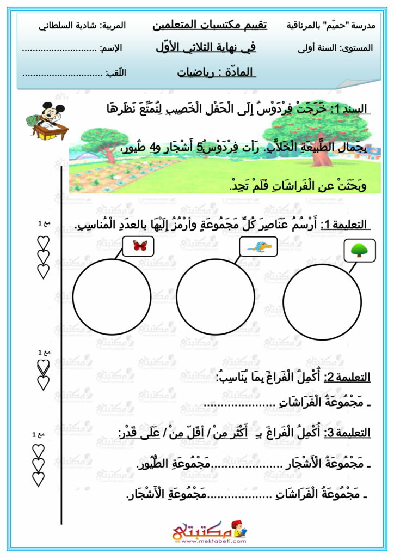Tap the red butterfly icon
click(x=140, y=246)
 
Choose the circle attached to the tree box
click(x=322, y=303)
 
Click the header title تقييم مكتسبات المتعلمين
click(x=209, y=25)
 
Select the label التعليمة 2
click(x=347, y=377)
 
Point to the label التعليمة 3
click(x=347, y=433)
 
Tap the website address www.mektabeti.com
click(x=196, y=543)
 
